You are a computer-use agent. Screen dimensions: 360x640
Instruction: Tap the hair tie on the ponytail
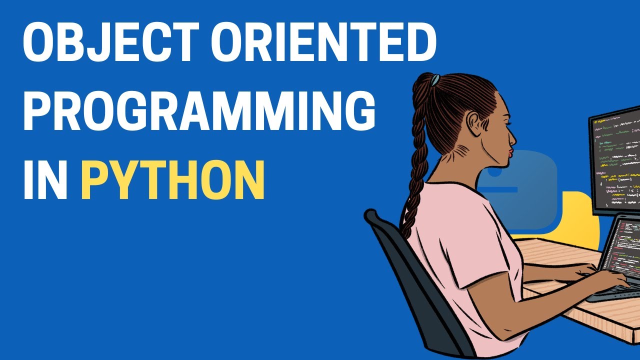click(435, 79)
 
